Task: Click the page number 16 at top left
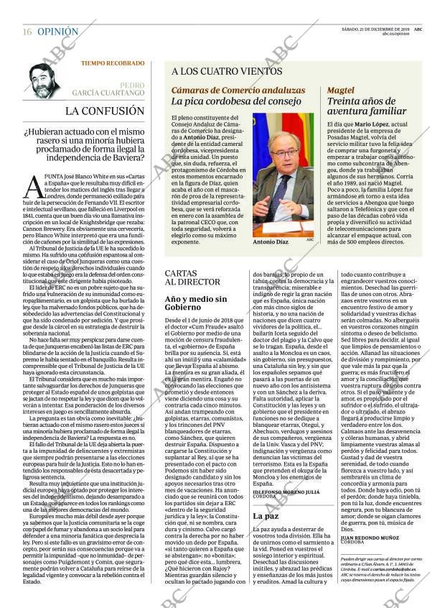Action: pyautogui.click(x=27, y=32)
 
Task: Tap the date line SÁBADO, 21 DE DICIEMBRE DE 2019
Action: pyautogui.click(x=383, y=29)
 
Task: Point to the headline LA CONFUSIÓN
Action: pyautogui.click(x=105, y=111)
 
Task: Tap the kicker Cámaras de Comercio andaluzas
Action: pyautogui.click(x=228, y=91)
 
